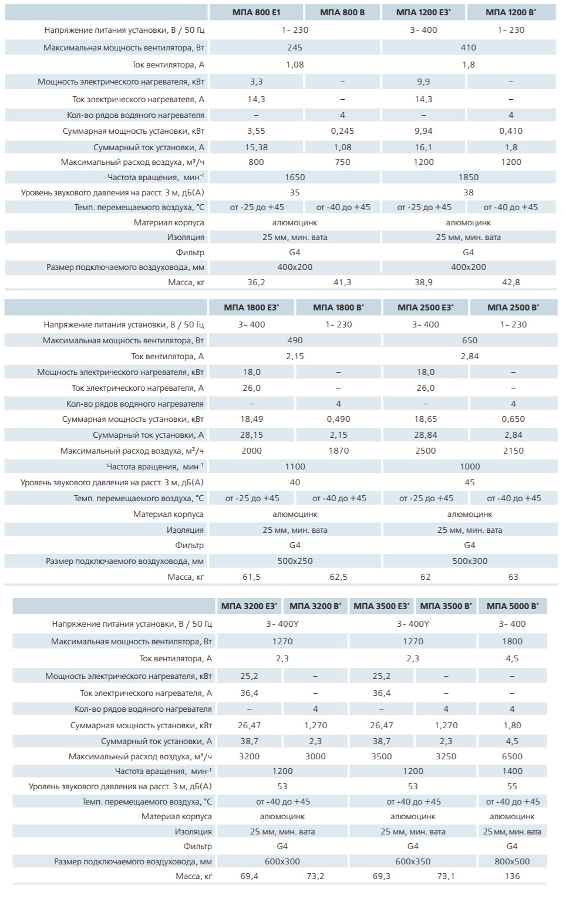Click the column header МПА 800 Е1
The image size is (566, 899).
click(256, 12)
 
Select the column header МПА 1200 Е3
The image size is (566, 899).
click(423, 12)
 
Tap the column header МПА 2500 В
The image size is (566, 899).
click(513, 307)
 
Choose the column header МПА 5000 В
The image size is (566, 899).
click(512, 606)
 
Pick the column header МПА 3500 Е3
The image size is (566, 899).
click(382, 606)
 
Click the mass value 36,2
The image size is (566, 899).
click(256, 282)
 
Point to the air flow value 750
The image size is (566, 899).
click(342, 162)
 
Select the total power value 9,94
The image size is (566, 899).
click(423, 131)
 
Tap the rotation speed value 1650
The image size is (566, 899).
click(295, 177)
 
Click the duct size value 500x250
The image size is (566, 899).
click(295, 561)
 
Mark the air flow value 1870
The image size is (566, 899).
click(338, 451)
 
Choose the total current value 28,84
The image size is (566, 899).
click(426, 435)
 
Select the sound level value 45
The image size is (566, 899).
click(470, 482)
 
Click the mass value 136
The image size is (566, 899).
click(512, 876)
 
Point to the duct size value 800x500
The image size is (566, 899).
click(512, 861)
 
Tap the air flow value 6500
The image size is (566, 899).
click(512, 756)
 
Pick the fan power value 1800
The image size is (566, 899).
click(512, 641)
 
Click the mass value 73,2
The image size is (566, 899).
click(315, 876)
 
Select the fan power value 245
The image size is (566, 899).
click(295, 48)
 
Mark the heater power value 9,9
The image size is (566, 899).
click(423, 82)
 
